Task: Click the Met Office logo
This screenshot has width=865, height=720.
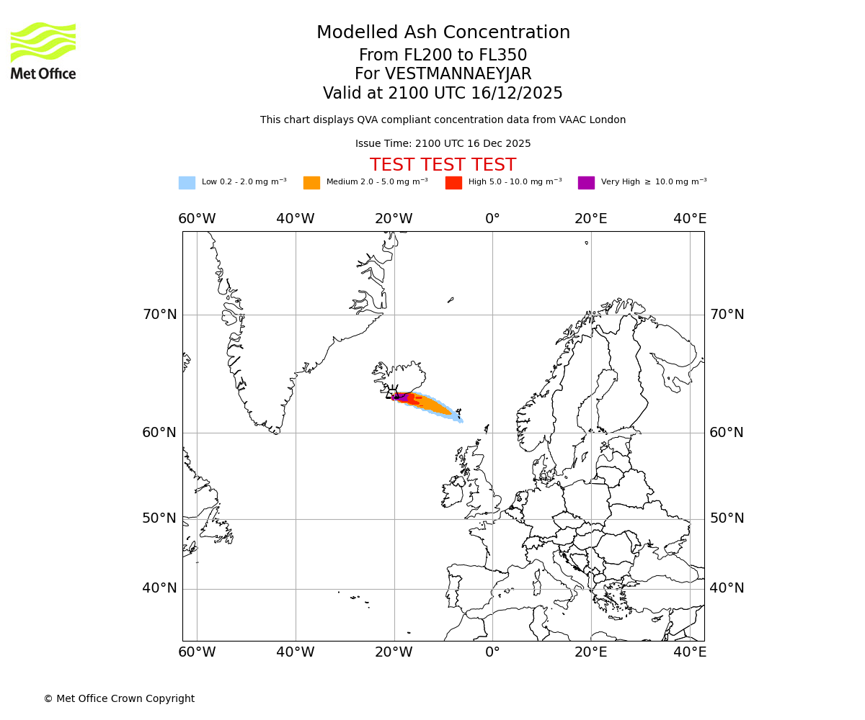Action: [43, 50]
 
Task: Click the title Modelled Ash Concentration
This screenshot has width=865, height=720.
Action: [443, 32]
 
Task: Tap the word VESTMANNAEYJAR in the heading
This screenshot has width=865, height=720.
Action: [458, 74]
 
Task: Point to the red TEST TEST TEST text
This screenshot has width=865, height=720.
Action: [443, 165]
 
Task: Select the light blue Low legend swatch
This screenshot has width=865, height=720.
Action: [187, 183]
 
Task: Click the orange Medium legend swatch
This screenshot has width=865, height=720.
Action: [311, 183]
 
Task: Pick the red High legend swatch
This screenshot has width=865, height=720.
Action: [453, 183]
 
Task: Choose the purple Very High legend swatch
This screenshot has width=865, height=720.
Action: [586, 183]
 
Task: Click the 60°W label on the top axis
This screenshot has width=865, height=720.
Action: [197, 219]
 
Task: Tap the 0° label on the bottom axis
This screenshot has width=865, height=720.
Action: [492, 652]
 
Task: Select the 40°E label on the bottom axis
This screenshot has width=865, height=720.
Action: [690, 652]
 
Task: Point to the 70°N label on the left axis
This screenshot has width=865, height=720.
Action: [159, 315]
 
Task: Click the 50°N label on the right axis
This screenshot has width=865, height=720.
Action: [727, 518]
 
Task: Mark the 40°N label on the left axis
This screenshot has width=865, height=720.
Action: [159, 588]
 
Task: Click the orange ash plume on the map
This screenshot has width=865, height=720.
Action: [432, 405]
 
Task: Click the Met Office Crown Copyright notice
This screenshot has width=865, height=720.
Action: [119, 698]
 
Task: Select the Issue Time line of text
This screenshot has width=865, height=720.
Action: [443, 144]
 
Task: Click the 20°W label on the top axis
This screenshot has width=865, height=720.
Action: [394, 219]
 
